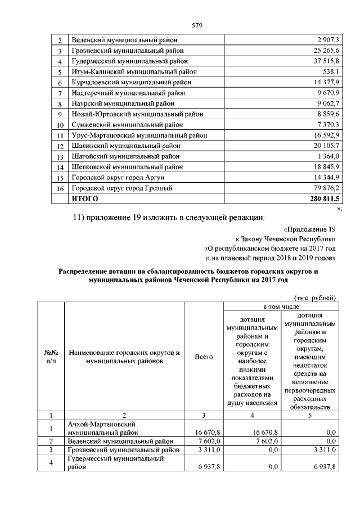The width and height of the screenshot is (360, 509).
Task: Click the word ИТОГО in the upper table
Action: coord(83,199)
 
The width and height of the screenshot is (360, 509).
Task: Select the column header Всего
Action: coord(204,357)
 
